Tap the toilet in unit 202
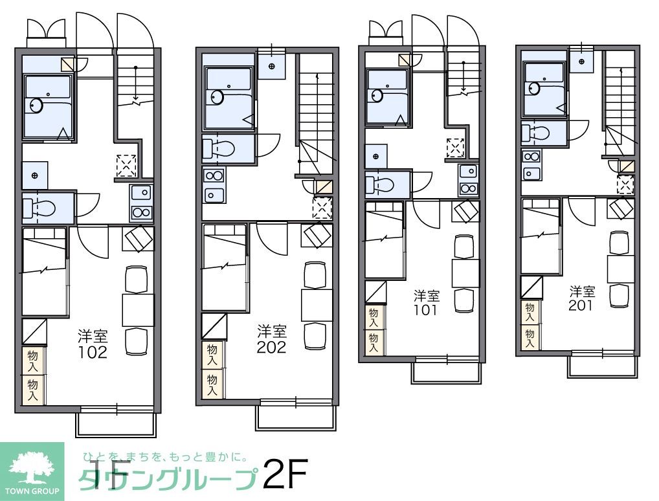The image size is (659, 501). coord(218,148)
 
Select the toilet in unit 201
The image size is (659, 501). coord(537,133)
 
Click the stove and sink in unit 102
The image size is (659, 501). coord(141,202)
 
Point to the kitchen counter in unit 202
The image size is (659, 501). coord(213,185)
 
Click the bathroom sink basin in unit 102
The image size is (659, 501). coord(36,104)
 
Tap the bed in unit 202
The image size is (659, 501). coord(224,267)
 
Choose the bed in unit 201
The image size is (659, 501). coord(541,236)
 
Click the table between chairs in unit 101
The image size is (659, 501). coord(465,273)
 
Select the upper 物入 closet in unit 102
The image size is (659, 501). coord(32,360)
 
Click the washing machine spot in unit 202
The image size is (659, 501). coord(322,208)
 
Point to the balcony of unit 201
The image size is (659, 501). coord(602,366)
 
